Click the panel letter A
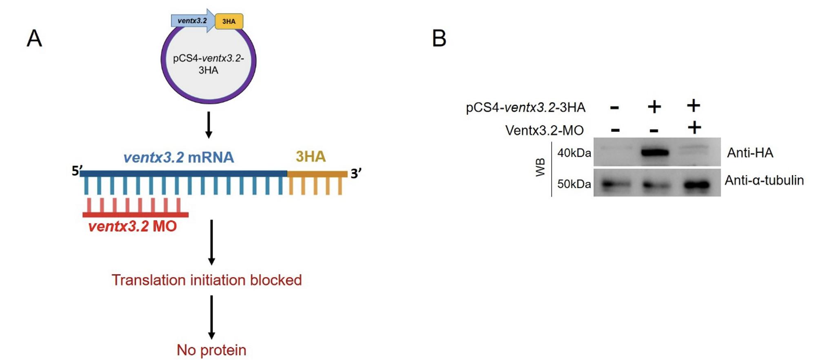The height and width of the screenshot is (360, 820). pos(34,39)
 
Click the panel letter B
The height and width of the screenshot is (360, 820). pos(439,39)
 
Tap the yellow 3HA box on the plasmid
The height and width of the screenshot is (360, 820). pos(229,21)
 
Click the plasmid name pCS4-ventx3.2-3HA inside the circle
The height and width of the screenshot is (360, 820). pos(208,64)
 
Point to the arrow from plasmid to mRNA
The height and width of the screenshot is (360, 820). pos(208,125)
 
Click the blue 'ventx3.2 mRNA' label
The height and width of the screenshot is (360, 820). pos(179,157)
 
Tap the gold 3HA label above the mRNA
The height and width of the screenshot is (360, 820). pos(310,156)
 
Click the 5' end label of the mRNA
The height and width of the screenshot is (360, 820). pos(77,170)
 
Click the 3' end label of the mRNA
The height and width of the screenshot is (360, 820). pos(356,173)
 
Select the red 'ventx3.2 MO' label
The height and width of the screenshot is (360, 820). pos(133,226)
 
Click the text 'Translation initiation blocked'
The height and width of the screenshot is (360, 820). pos(206,280)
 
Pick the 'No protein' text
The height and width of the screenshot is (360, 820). pos(211,350)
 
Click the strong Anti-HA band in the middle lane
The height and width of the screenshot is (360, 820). pos(655,153)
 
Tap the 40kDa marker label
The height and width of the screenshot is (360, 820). pos(574,153)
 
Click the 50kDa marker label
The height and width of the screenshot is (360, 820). pos(574,184)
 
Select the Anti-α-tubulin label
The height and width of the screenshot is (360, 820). pos(764,180)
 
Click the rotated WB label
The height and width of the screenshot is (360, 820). pos(540,168)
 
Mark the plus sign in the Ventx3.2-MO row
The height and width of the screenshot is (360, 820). pos(694,128)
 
